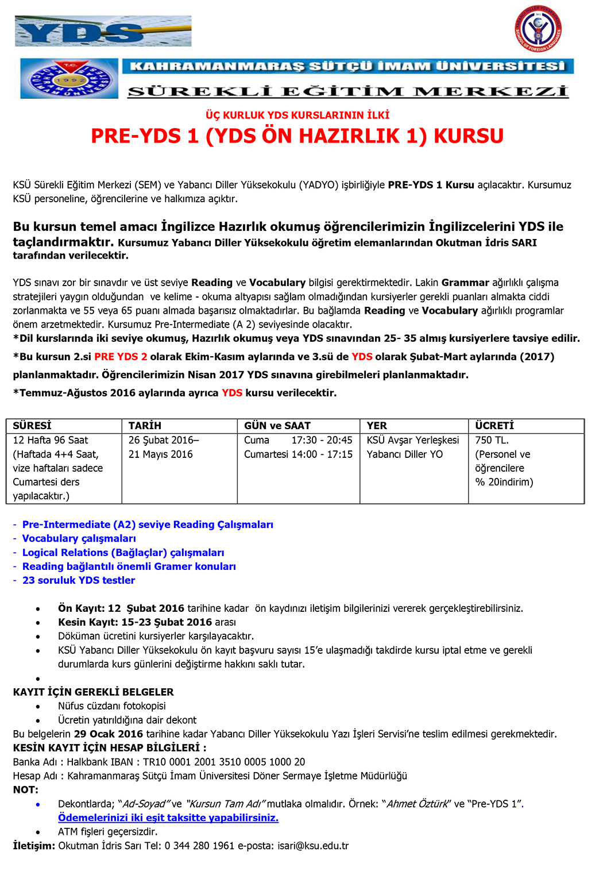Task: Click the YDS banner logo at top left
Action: pyautogui.click(x=103, y=31)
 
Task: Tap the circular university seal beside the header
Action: pyautogui.click(x=69, y=79)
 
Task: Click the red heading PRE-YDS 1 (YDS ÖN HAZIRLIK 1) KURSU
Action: pyautogui.click(x=297, y=136)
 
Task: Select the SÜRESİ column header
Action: pyautogui.click(x=32, y=426)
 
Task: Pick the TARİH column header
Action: pyautogui.click(x=145, y=426)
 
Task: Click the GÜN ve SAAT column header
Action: pyautogui.click(x=277, y=426)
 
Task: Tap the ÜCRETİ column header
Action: pyautogui.click(x=494, y=426)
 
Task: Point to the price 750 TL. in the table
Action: pyautogui.click(x=492, y=440)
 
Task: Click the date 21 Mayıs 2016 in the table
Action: pyautogui.click(x=160, y=454)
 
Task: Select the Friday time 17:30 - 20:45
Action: pyautogui.click(x=322, y=440)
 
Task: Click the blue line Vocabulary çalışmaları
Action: pyautogui.click(x=79, y=538)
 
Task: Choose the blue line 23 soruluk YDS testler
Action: pyautogui.click(x=79, y=580)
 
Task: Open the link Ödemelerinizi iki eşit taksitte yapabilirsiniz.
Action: pyautogui.click(x=168, y=818)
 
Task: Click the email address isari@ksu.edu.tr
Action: pyautogui.click(x=313, y=846)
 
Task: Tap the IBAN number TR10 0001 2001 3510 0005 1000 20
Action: pyautogui.click(x=224, y=762)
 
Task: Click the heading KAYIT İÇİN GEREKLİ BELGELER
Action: pyautogui.click(x=93, y=692)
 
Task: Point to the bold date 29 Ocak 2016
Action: pyautogui.click(x=109, y=734)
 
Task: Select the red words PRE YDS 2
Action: pyautogui.click(x=121, y=357)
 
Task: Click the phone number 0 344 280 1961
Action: pyautogui.click(x=199, y=846)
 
